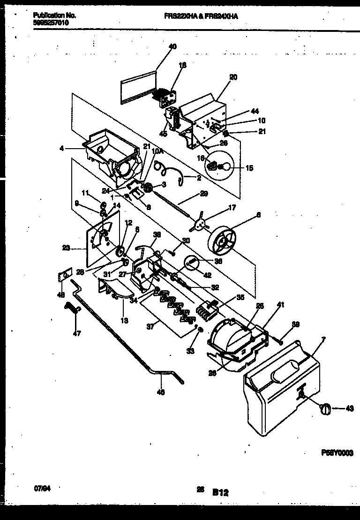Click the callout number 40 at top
point(172,46)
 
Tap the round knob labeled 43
point(324,408)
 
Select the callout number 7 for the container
point(323,339)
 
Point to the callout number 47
point(77,334)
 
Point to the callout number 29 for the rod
point(203,193)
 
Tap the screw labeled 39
point(279,341)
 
